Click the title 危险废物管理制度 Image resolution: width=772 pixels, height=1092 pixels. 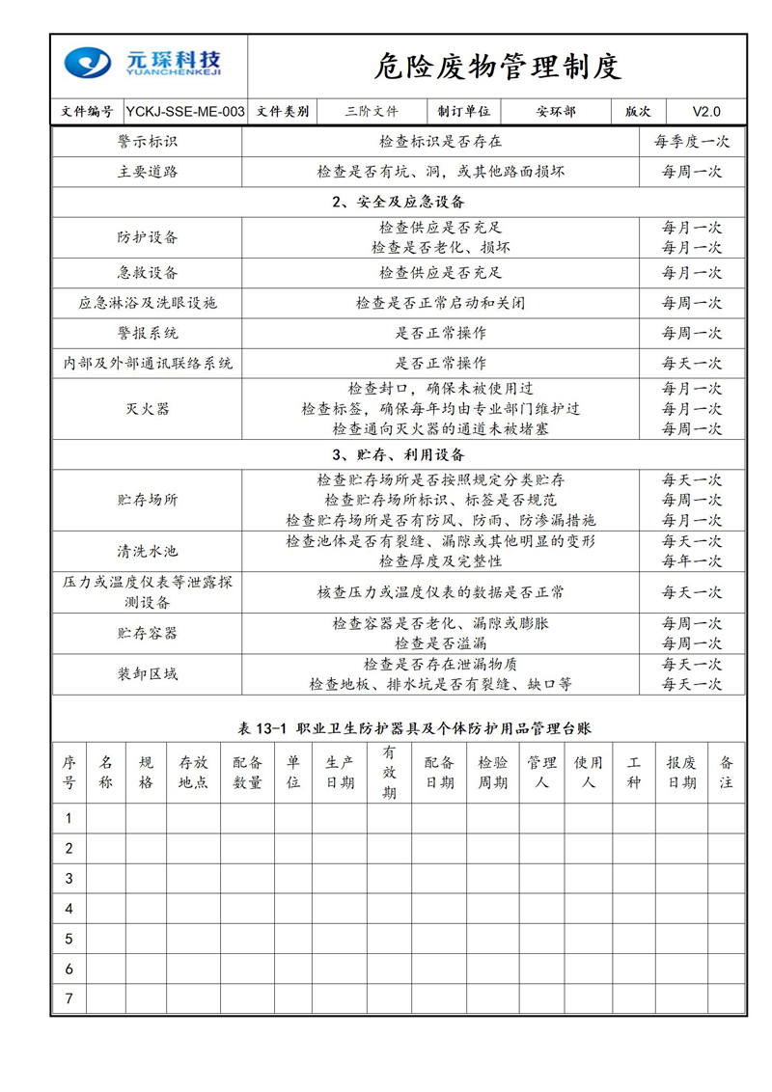click(x=497, y=66)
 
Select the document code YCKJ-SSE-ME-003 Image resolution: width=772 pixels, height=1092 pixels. click(x=185, y=112)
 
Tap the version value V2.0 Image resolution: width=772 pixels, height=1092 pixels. click(x=705, y=112)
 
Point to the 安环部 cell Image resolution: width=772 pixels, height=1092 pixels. click(x=556, y=112)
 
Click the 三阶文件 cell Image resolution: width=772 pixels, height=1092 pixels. click(x=372, y=112)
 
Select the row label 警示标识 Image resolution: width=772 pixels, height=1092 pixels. click(x=148, y=142)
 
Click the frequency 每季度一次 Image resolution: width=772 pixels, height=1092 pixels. click(x=691, y=142)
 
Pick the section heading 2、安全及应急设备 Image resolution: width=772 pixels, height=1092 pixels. click(x=398, y=203)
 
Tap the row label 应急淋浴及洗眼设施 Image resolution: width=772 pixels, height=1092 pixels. click(x=148, y=303)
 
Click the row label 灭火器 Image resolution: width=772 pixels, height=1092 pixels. click(x=148, y=409)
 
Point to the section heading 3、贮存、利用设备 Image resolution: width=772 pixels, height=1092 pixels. click(x=398, y=454)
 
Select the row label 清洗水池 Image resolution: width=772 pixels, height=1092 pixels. click(x=148, y=552)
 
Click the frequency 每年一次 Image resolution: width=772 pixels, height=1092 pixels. click(x=691, y=561)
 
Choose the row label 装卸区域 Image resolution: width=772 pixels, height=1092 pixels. click(x=148, y=674)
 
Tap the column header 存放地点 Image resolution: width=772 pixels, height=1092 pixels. click(x=193, y=773)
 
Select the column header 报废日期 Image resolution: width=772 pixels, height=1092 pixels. click(x=681, y=773)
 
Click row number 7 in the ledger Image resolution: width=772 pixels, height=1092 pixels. click(x=69, y=999)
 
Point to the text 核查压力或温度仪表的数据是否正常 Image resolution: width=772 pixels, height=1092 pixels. click(x=441, y=592)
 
